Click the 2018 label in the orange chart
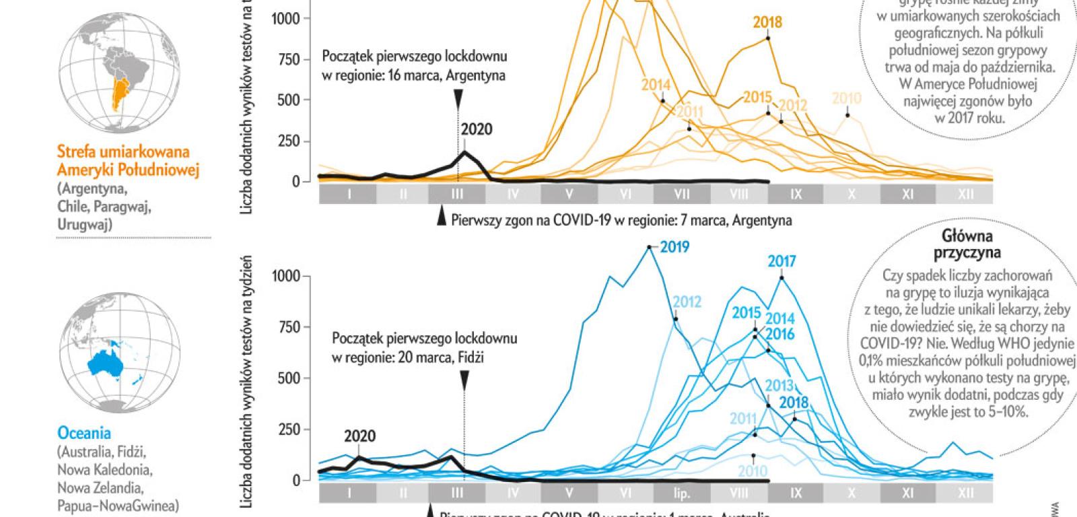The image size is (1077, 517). pos(767,22)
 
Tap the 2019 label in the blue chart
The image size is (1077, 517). pos(674,247)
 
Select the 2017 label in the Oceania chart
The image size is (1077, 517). pos(781,261)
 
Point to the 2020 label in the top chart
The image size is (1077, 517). pos(476,129)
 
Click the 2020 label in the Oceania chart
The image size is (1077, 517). pos(359,436)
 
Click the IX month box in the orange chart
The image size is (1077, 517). pos(796,195)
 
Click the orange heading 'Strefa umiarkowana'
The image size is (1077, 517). pos(123,152)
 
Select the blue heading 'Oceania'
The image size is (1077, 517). pos(84,433)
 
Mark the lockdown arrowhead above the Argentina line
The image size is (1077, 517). pos(458,100)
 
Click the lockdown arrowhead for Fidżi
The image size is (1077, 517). pos(464,382)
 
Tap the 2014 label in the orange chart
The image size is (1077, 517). pos(655,85)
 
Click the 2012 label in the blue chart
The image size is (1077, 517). pos(687,302)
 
